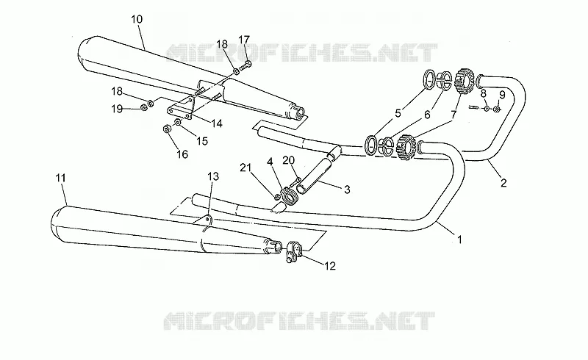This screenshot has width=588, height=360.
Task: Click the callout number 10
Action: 137,19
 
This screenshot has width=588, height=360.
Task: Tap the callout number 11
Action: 61,178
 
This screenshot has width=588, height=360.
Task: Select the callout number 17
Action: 244,40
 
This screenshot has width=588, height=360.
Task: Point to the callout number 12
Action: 329,266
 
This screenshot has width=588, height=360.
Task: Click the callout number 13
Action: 213,176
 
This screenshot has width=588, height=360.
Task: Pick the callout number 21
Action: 245,168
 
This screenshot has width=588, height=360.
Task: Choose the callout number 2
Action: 503,183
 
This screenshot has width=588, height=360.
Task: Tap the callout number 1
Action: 459,239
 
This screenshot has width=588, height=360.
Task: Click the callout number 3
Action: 347,190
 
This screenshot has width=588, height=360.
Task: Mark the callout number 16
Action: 182,154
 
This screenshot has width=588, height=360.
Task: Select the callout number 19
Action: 117,109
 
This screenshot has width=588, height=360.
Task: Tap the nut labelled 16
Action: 168,129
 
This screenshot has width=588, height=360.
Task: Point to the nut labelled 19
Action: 143,108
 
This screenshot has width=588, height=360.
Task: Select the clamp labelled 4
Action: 289,196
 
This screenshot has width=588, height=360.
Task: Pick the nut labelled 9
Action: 496,109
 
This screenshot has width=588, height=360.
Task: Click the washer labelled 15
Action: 178,122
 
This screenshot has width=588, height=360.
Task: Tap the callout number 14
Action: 216,123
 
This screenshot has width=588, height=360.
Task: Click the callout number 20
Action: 288,160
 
